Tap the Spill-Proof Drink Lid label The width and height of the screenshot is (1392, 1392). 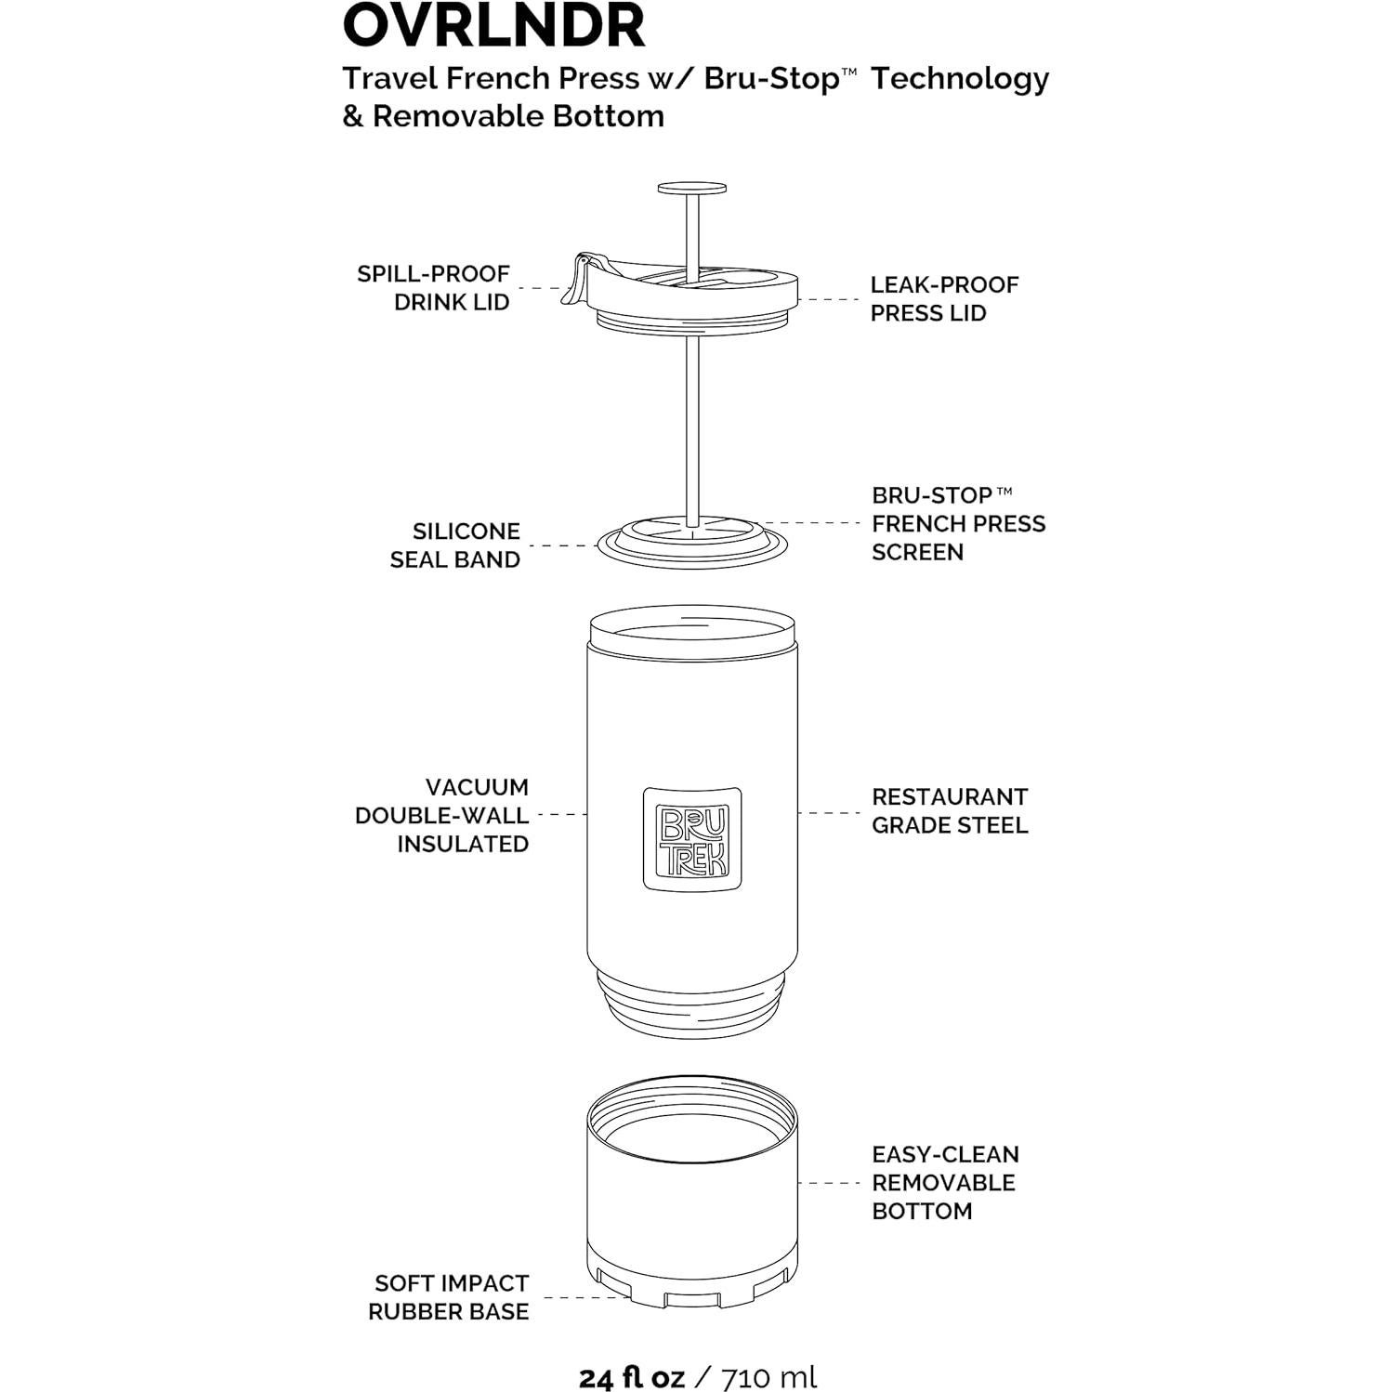point(433,288)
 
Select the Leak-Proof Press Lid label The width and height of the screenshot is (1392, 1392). point(944,298)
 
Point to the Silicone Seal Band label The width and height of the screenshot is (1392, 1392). point(454,545)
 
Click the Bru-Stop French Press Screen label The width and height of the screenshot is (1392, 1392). point(958,523)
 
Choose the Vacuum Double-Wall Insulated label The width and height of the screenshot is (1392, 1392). point(442,815)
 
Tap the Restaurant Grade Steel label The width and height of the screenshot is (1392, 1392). point(949,810)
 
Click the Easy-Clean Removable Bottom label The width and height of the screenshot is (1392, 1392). point(944,1182)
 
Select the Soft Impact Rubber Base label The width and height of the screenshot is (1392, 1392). point(449,1297)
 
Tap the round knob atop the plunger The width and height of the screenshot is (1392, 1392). point(692,189)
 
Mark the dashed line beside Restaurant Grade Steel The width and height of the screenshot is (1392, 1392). point(829,813)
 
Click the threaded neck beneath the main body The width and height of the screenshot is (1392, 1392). point(692,1004)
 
